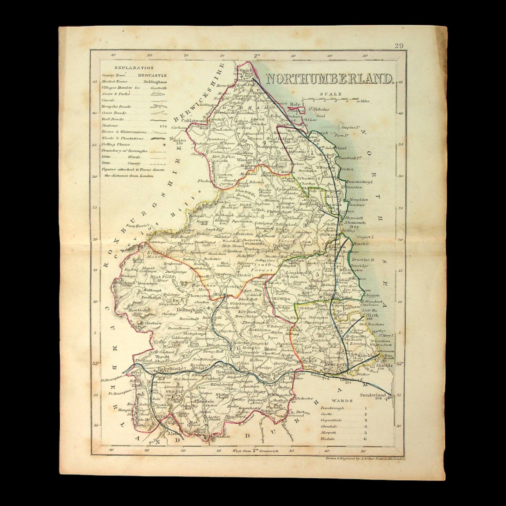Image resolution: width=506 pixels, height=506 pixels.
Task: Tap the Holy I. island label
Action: (298, 104)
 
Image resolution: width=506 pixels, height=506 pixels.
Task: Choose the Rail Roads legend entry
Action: (113, 120)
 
